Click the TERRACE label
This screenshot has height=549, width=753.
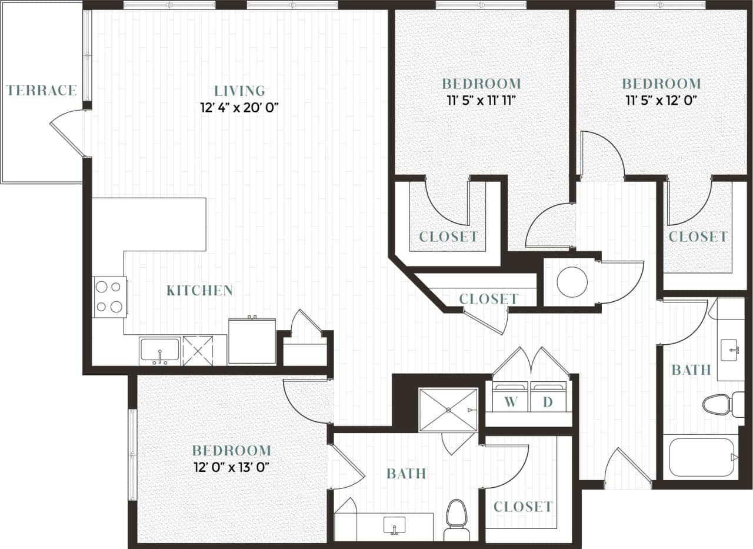41,90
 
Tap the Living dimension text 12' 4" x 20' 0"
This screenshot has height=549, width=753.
239,108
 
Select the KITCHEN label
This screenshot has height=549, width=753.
199,290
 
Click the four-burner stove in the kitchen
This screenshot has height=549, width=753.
110,297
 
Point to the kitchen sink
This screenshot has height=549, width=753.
159,351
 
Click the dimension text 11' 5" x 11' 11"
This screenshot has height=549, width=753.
481,100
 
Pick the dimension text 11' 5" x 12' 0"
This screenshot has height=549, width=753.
661,100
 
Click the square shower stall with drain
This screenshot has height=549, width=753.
448,410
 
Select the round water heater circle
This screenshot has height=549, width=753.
572,282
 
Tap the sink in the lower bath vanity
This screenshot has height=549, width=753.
394,524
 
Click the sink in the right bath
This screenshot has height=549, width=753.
731,350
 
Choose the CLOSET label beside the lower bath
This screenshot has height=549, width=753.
522,507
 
